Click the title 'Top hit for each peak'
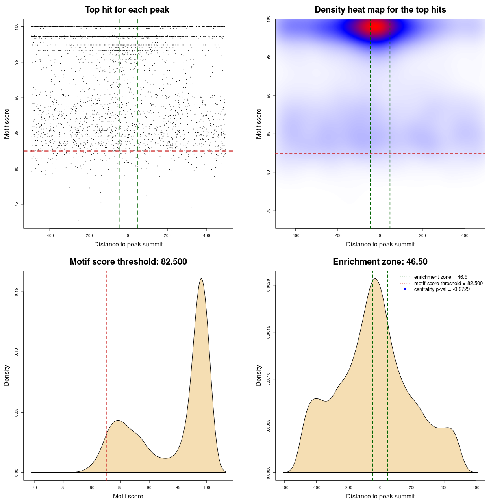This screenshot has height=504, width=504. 127,10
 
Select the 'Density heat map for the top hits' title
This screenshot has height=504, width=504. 380,10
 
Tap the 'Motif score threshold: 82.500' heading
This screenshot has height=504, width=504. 128,262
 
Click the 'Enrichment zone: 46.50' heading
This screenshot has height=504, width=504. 380,262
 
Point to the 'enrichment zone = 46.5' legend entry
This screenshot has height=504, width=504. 441,277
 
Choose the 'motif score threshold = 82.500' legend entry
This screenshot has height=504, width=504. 448,283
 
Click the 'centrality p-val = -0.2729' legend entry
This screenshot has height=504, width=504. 442,289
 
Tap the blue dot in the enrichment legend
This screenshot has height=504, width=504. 405,289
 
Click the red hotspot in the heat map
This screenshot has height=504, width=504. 376,26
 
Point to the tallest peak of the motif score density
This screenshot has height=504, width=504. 201,279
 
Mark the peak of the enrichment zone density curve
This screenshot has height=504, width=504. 375,279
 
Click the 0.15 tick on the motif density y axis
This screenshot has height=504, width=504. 17,292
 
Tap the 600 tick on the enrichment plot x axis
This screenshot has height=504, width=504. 476,487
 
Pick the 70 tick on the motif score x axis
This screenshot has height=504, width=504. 35,487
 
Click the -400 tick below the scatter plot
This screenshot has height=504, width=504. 50,235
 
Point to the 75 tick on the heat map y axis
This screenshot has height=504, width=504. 269,211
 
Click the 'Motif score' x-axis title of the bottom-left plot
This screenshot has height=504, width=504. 128,496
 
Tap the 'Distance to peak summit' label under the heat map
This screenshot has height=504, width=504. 380,244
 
